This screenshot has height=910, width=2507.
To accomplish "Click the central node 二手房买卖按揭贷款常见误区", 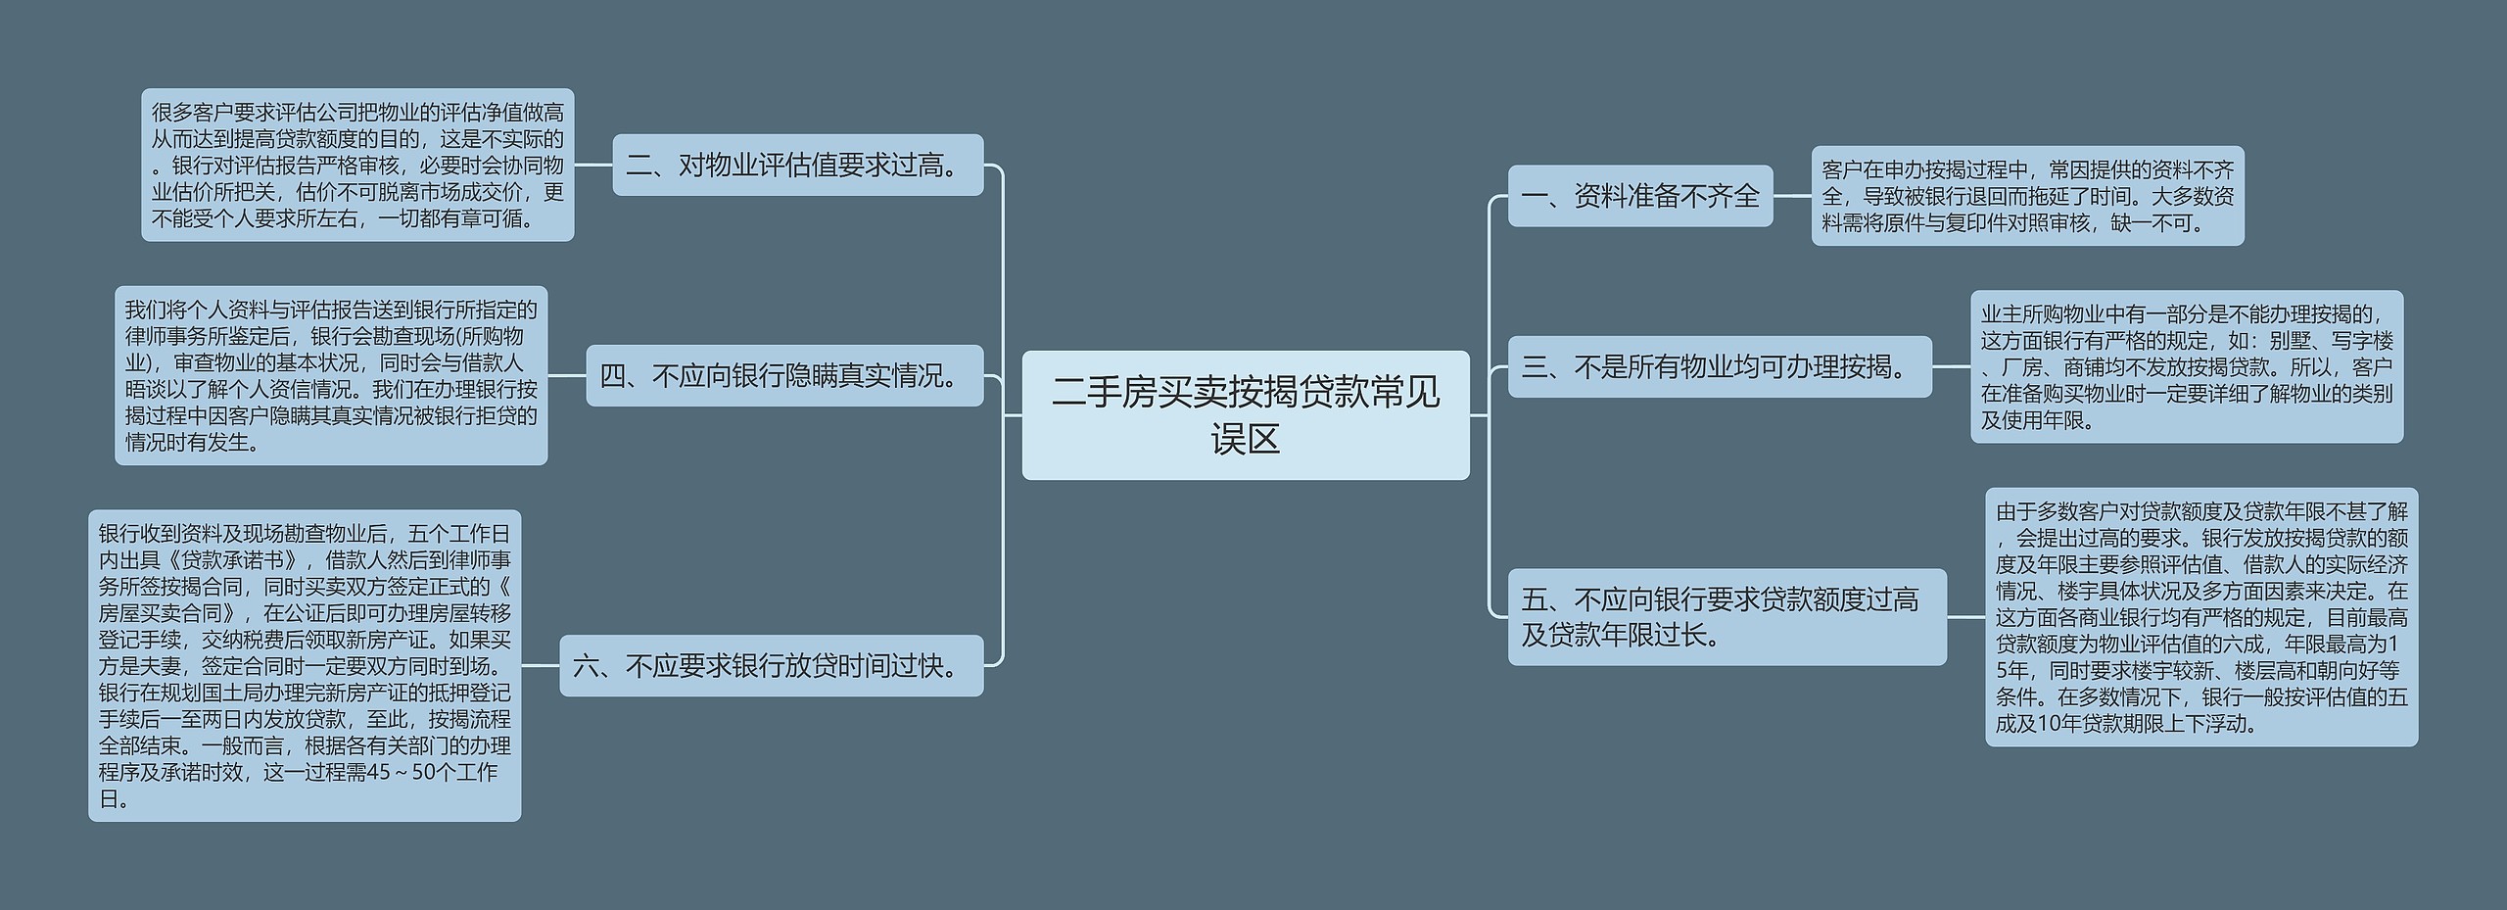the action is pos(1245,414).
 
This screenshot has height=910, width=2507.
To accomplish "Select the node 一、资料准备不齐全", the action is pos(1639,196).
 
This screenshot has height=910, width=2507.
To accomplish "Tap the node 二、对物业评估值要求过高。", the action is pos(797,165).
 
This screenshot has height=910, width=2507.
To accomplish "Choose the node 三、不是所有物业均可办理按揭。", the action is pos(1719,366).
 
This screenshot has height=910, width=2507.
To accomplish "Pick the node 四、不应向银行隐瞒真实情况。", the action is pos(783,375).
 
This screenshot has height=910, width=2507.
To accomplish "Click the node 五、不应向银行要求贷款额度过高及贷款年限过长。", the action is pos(1726,617).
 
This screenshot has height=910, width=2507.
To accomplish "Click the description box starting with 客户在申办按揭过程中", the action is pos(2026,196).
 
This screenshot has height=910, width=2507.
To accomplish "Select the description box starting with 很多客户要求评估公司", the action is pos(357,165).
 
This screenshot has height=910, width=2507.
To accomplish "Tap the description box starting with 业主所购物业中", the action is pos(2186,366).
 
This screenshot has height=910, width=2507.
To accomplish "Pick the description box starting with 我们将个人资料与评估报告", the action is pos(331,375).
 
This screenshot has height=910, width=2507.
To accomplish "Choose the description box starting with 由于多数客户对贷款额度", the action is pos(2200,617).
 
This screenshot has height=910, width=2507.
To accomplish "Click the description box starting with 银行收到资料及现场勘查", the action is pos(305,666).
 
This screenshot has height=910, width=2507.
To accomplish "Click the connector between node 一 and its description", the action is pos(1792,196).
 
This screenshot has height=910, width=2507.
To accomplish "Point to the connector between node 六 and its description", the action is pos(541,666).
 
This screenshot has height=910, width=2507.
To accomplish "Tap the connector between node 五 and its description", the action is pos(1965,617).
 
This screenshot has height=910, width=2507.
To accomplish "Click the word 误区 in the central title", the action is pos(1245,439).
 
